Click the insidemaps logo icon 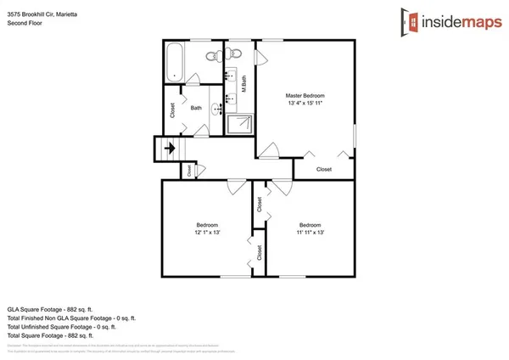[413, 20]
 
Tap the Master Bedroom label [305, 96]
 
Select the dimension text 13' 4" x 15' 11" [305, 104]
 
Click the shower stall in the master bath [240, 125]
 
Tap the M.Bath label [243, 85]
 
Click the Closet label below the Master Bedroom [323, 169]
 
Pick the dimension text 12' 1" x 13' [208, 232]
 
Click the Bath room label [196, 108]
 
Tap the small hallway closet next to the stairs [187, 170]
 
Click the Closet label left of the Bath [172, 110]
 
